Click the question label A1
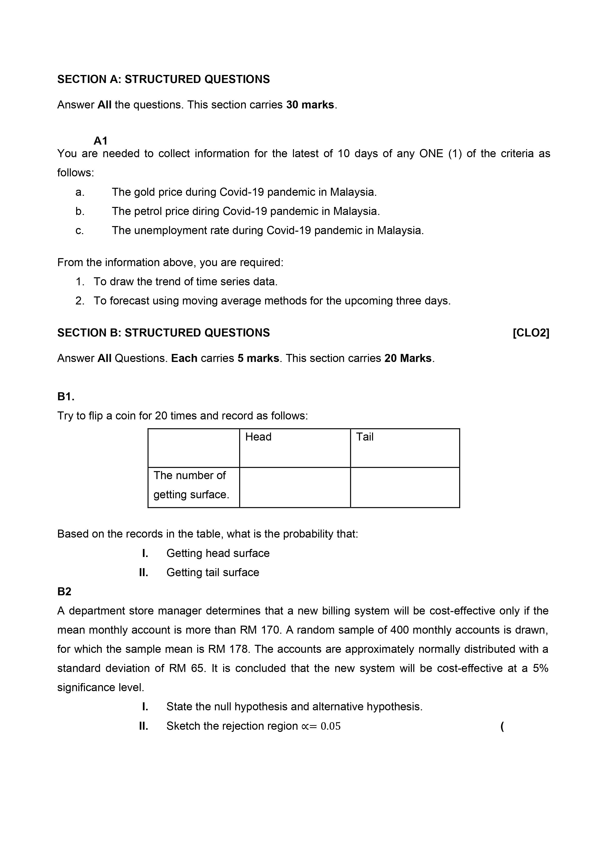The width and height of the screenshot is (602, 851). pos(100,141)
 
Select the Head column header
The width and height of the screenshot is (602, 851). pos(258,437)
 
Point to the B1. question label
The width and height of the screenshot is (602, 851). pos(66,397)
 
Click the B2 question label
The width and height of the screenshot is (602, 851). pos(64,591)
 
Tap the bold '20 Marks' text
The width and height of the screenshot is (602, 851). pos(408,358)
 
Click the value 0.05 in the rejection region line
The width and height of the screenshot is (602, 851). pos(330,726)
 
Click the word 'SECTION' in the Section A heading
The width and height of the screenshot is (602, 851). pos(81,79)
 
